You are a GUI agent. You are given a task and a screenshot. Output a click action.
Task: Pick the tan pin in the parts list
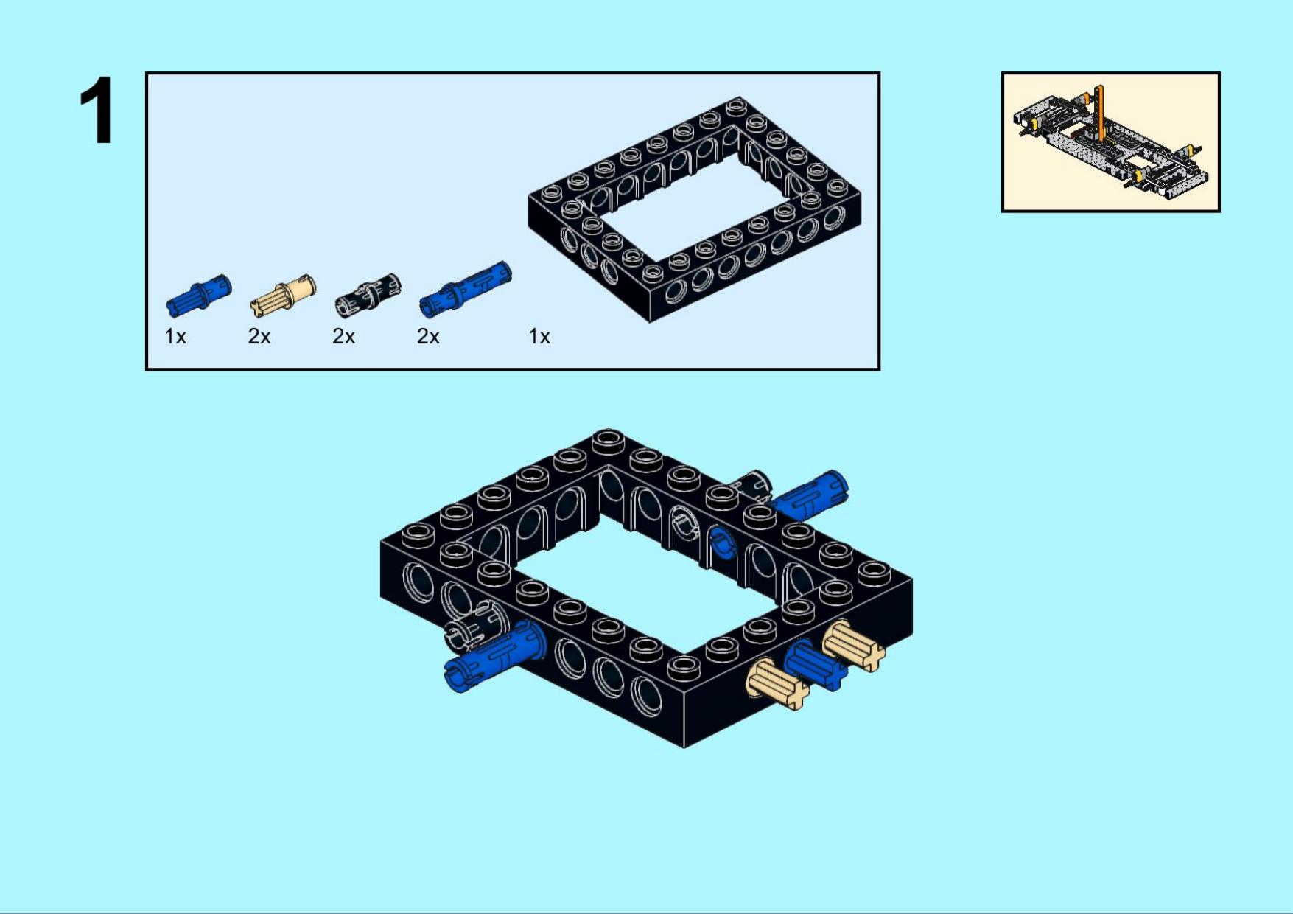(284, 296)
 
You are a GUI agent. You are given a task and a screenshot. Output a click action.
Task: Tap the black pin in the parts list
(368, 295)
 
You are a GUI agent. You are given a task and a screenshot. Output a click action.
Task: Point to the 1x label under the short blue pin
(175, 337)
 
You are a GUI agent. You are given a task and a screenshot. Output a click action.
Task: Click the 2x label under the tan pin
(259, 337)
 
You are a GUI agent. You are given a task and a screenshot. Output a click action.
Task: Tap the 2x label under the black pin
(344, 337)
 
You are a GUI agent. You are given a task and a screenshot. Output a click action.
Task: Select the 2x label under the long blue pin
(428, 337)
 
